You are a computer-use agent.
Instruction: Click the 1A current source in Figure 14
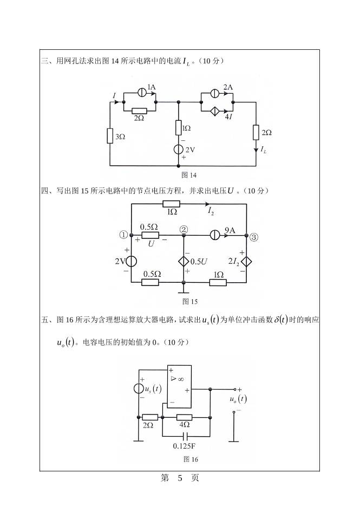coord(140,92)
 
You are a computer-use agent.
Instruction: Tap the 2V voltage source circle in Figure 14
coord(179,150)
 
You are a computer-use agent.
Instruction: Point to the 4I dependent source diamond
coord(215,111)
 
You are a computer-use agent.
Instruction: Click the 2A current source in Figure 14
coord(215,92)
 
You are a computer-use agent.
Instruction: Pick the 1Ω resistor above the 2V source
coord(179,128)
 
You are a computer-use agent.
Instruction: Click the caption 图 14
coord(189,175)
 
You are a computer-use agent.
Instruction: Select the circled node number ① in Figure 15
coord(123,235)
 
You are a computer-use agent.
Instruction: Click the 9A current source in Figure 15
coord(215,236)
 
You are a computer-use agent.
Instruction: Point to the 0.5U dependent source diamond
coord(184,261)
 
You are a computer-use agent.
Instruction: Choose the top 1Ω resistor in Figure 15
coord(172,204)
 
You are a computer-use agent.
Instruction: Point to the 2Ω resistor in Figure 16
coord(150,417)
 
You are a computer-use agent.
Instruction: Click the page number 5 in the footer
coord(181,478)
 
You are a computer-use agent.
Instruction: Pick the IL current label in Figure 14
coord(263,149)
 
